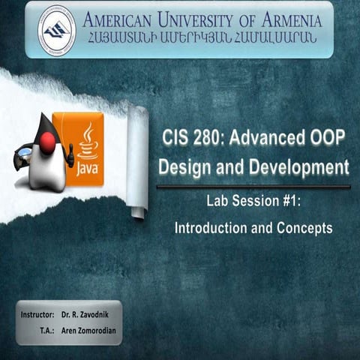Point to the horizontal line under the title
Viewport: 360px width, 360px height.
(253, 187)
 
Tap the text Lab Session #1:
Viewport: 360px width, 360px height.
(253, 201)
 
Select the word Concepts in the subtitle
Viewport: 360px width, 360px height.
(304, 227)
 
